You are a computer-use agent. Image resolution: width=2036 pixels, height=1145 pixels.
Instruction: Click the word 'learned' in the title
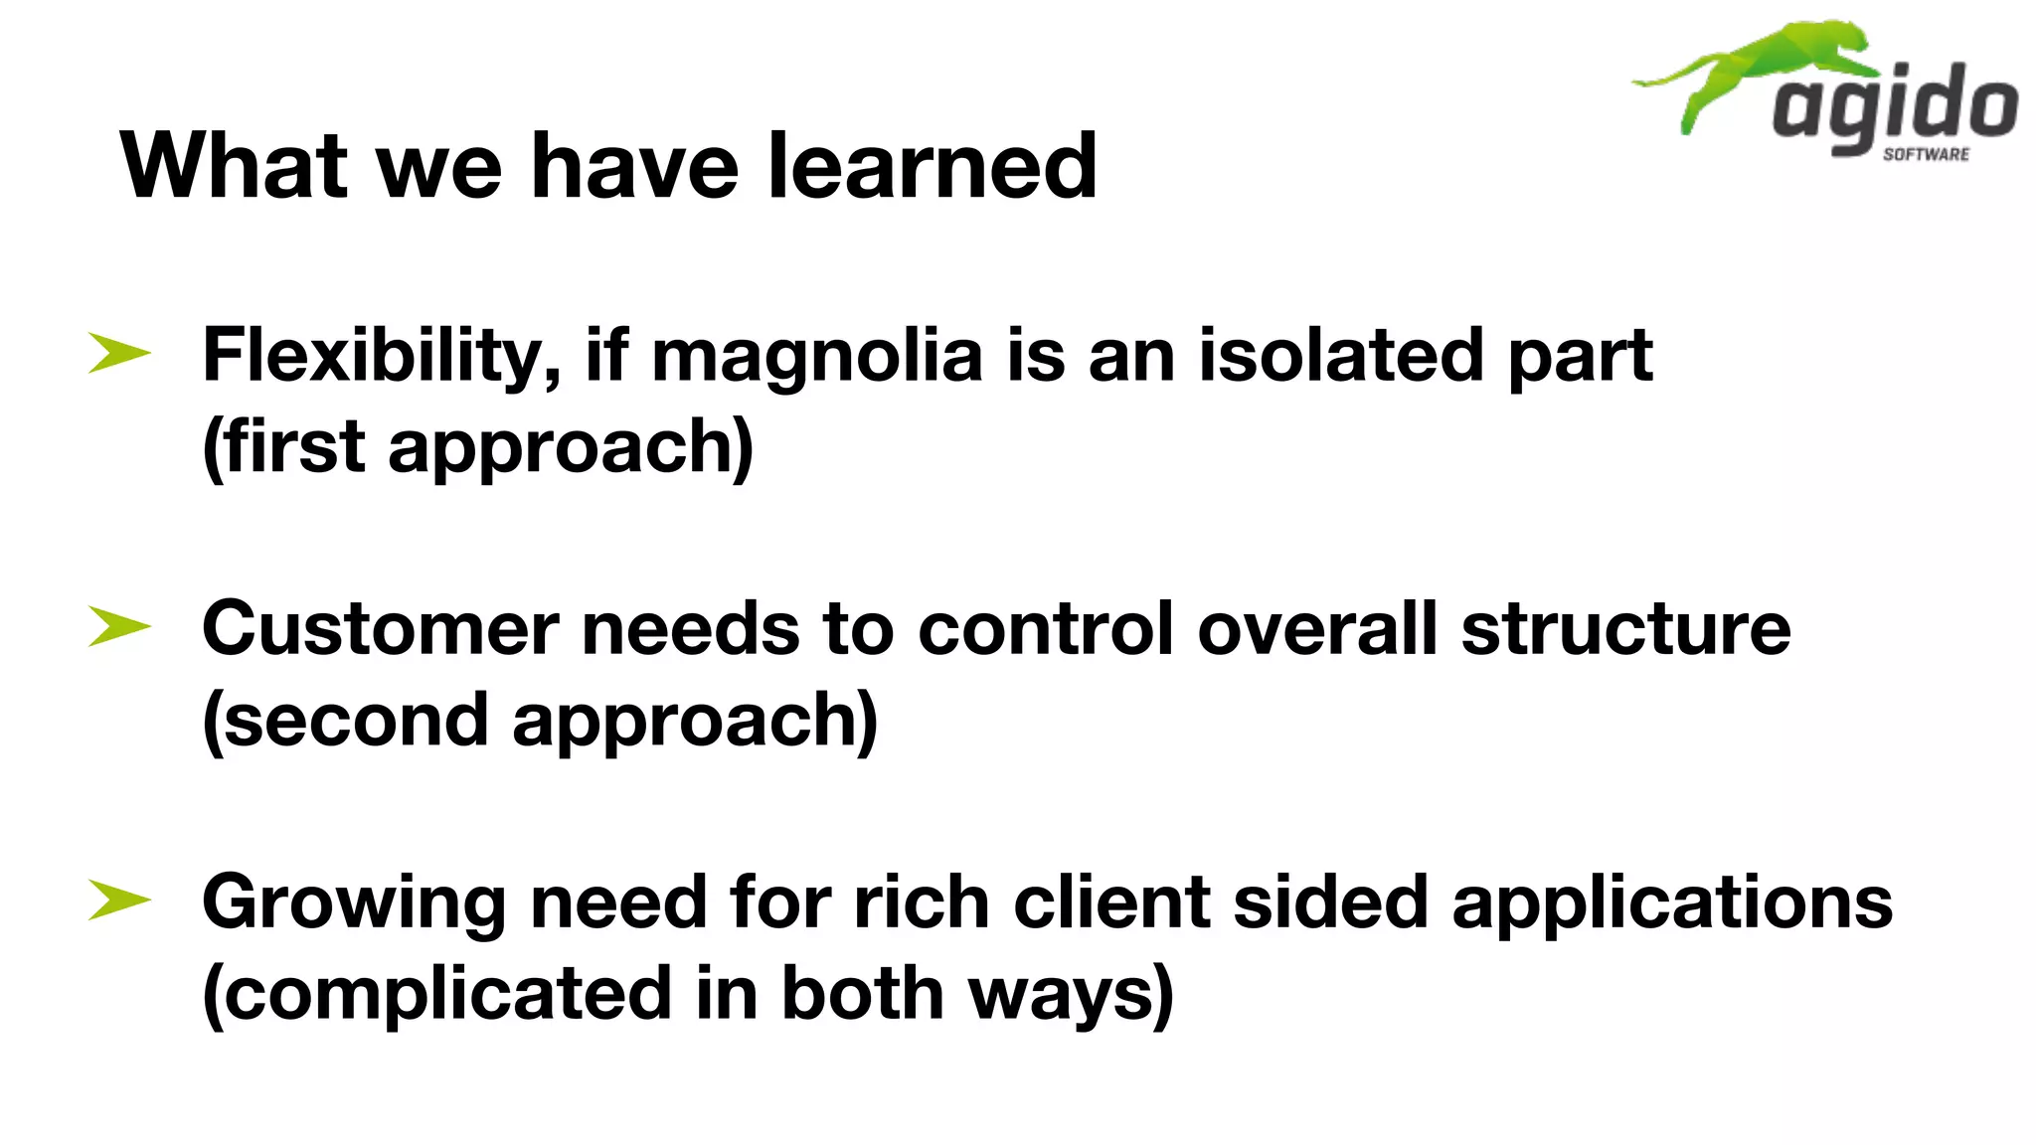(932, 166)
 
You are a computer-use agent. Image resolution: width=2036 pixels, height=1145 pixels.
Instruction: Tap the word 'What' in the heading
(235, 166)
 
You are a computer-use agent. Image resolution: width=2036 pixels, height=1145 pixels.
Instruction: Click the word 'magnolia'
(816, 356)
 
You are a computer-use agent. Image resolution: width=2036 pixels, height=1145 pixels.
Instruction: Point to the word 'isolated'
(1340, 356)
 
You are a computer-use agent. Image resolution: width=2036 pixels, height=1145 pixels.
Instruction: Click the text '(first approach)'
(477, 447)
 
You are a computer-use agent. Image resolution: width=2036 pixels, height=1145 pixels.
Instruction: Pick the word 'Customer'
(381, 629)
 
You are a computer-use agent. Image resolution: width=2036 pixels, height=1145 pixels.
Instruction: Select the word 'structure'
(1625, 629)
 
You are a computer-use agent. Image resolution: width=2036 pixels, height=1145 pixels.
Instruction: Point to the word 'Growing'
(354, 903)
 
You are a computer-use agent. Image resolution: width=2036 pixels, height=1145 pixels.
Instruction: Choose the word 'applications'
(1672, 903)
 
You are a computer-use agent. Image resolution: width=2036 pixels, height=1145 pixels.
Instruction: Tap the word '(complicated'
(436, 994)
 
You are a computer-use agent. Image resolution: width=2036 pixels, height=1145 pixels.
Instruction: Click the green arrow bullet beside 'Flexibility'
(118, 353)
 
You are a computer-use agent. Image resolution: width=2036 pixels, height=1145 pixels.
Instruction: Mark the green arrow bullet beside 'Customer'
(118, 626)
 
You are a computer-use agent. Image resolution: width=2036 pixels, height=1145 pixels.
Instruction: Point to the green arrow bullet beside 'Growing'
(118, 900)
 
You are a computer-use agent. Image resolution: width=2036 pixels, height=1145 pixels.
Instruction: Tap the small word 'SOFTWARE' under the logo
(1926, 154)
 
